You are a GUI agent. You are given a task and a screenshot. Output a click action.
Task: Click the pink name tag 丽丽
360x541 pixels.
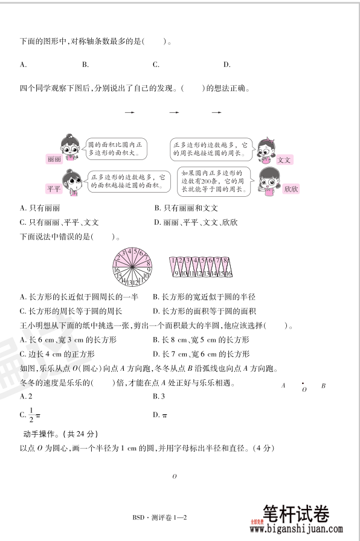[x=54, y=159]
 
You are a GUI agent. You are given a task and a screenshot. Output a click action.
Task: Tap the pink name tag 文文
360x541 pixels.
[x=284, y=160]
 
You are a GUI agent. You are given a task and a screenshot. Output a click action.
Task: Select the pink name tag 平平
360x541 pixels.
[x=54, y=189]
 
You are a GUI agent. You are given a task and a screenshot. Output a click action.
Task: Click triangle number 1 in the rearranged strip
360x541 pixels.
[x=173, y=261]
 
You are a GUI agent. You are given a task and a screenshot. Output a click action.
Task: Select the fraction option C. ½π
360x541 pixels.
[x=30, y=415]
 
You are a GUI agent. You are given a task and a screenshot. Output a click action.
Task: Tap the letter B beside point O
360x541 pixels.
[x=323, y=385]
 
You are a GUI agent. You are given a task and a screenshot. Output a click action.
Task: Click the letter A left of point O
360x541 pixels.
[x=283, y=385]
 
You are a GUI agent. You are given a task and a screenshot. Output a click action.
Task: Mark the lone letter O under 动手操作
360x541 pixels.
[x=174, y=477]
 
